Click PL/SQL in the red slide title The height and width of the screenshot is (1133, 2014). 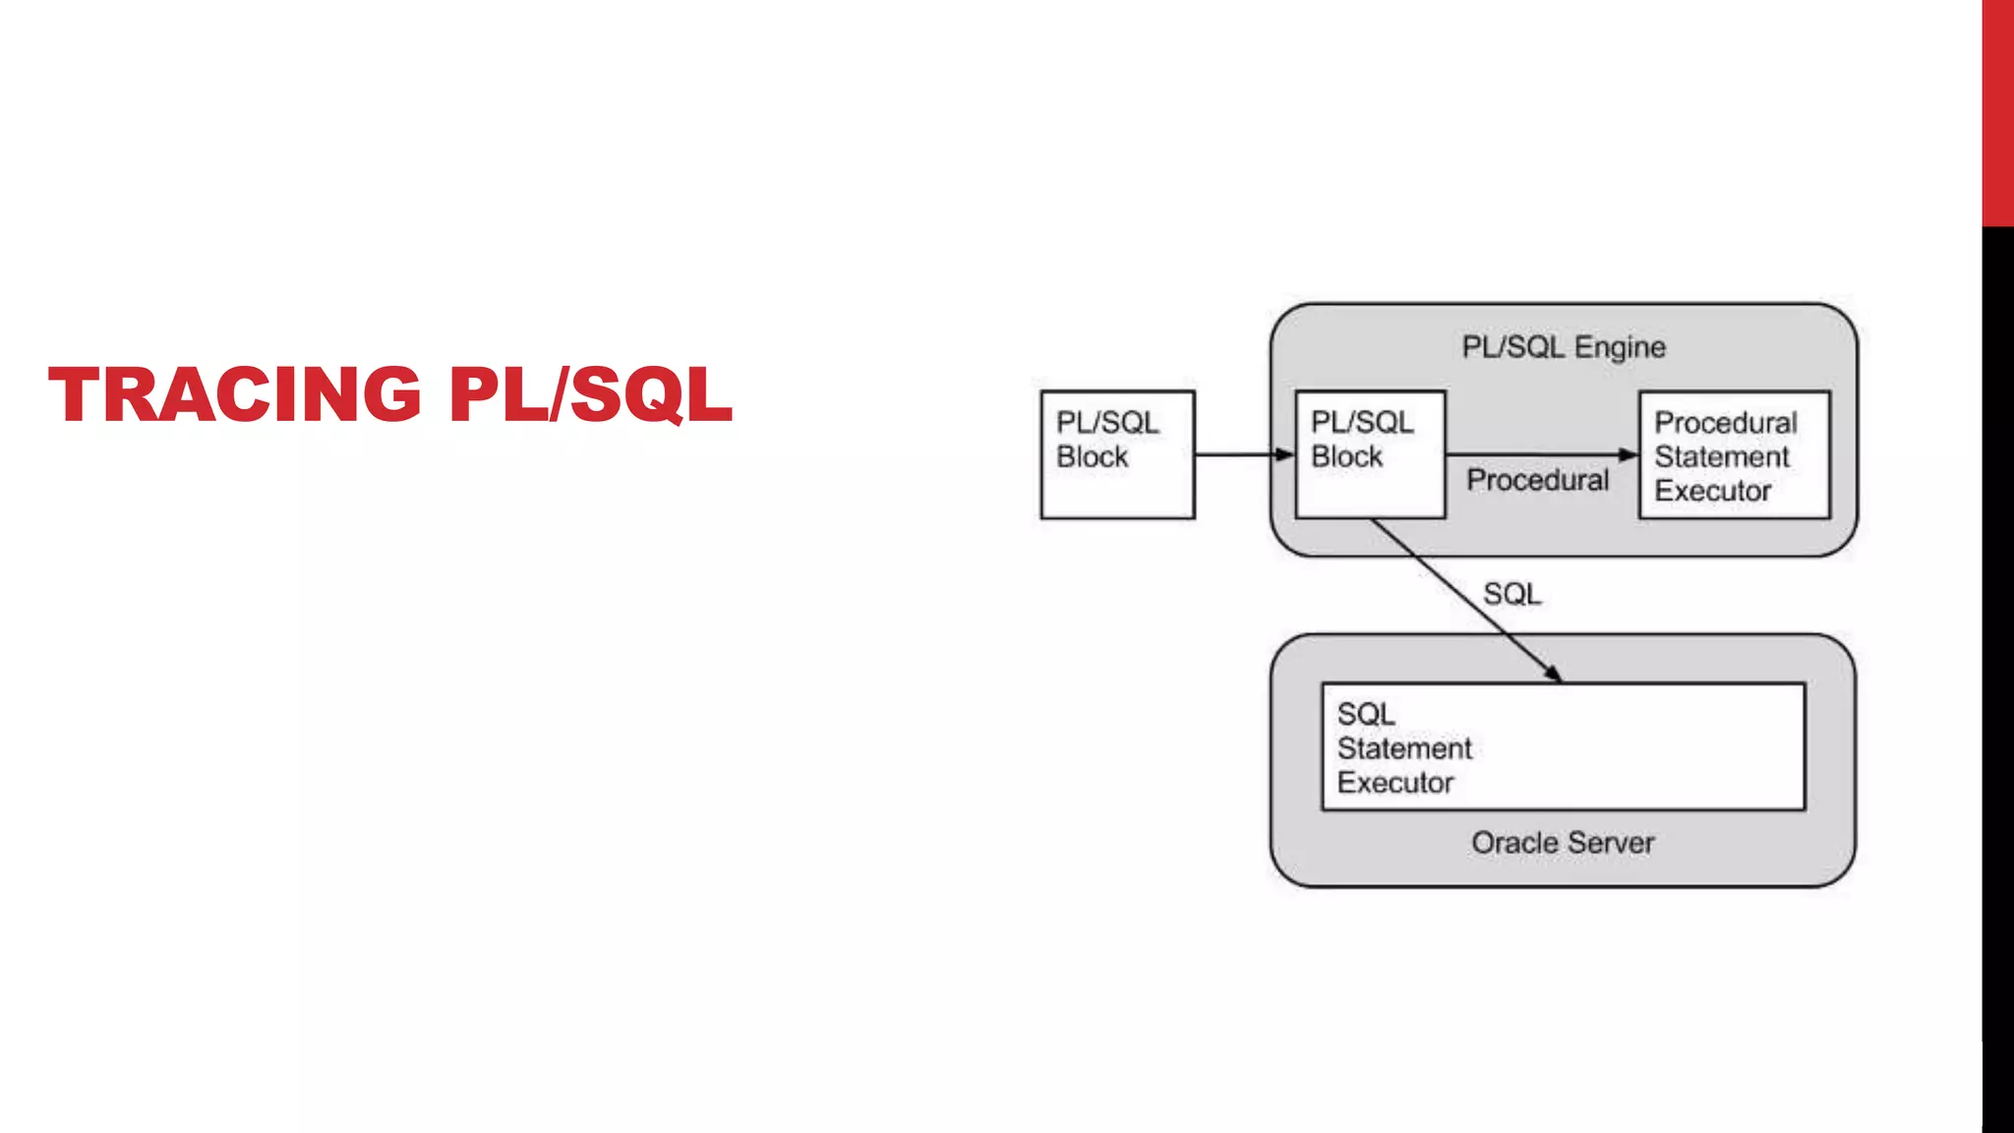[x=590, y=394]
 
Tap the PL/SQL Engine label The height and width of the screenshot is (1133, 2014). [x=1563, y=347]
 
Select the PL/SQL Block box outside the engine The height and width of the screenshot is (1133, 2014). [x=1117, y=454]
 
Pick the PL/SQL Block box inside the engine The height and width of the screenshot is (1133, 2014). [x=1370, y=454]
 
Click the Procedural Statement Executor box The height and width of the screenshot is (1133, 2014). [x=1734, y=455]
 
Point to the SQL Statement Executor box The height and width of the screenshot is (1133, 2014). [x=1563, y=746]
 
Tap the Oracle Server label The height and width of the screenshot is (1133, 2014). [x=1563, y=843]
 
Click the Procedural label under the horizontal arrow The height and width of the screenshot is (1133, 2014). [x=1537, y=480]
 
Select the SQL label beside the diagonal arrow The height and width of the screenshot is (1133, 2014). [x=1511, y=594]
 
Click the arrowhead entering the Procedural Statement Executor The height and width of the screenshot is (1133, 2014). [x=1629, y=454]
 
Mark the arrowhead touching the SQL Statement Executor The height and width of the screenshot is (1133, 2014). [x=1553, y=674]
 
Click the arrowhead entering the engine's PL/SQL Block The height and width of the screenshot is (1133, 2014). [x=1285, y=454]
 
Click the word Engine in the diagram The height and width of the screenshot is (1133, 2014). [x=1620, y=347]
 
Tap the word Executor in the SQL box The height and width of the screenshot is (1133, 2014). [x=1394, y=783]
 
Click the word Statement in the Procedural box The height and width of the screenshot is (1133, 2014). [x=1721, y=457]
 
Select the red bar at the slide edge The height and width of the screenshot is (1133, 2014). [x=1997, y=112]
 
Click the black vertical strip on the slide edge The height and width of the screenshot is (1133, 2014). [x=1997, y=679]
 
